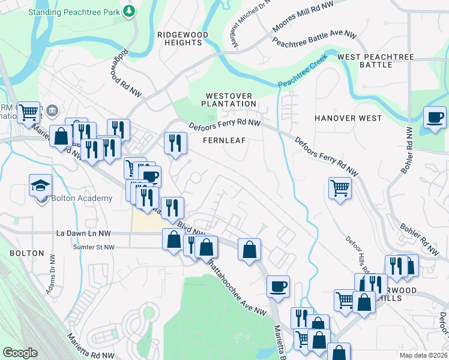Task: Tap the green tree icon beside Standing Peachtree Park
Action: (x=128, y=11)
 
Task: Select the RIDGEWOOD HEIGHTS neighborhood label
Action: (x=183, y=39)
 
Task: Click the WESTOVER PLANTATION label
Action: (x=231, y=100)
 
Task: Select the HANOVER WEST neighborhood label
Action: (x=348, y=118)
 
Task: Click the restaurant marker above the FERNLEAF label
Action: (x=175, y=143)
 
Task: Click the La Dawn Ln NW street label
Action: (x=83, y=233)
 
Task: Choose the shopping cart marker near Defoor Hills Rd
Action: (x=340, y=188)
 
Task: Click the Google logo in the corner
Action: (x=20, y=353)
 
